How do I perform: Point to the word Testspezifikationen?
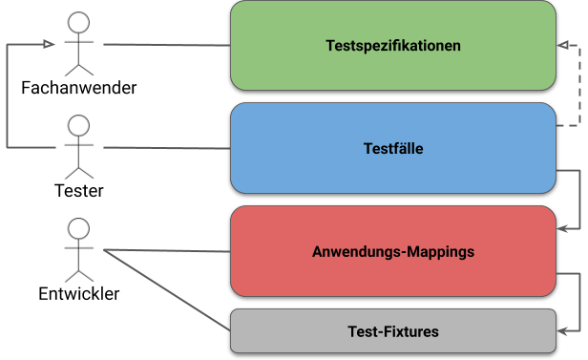(393, 46)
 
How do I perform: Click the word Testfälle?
(393, 149)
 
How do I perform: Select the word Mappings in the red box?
(440, 253)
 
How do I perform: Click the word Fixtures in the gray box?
(412, 331)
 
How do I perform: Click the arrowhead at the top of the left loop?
(49, 44)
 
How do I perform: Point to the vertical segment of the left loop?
(8, 95)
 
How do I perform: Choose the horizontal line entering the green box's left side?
(167, 45)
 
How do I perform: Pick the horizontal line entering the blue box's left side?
(143, 148)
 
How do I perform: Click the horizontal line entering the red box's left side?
(167, 251)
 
